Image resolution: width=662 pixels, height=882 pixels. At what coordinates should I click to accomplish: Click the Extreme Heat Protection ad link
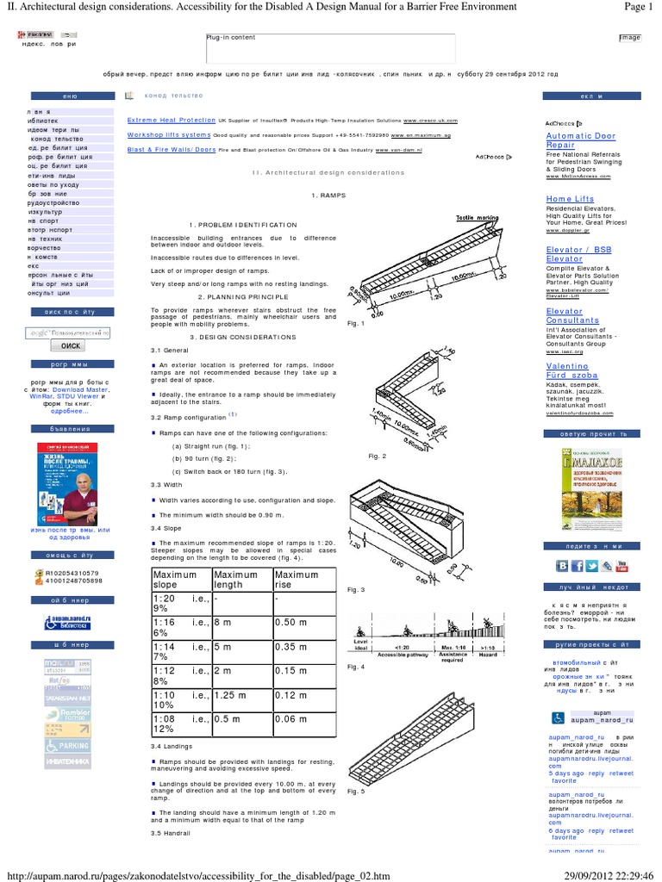(171, 121)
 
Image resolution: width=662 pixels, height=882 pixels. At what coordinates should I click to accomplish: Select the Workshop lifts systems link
(169, 135)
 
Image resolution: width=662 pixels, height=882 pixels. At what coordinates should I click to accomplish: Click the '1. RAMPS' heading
(328, 196)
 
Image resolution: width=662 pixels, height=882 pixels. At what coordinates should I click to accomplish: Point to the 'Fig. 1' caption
(356, 324)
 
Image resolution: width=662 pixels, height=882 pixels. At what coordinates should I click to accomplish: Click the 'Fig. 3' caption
(356, 589)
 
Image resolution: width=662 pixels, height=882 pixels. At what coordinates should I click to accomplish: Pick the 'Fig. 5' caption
(356, 792)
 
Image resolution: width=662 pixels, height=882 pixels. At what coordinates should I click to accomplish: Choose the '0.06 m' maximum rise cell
(290, 718)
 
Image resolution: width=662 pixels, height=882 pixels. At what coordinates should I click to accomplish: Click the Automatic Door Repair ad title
(580, 140)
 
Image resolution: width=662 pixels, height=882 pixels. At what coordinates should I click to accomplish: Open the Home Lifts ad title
(570, 199)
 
